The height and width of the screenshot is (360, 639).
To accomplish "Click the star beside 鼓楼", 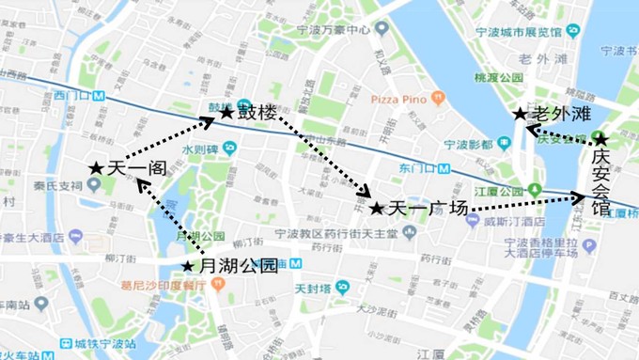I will (x=226, y=113).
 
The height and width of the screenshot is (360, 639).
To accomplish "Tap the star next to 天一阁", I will (x=96, y=167).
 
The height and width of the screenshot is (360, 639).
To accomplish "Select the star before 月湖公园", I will (x=189, y=266).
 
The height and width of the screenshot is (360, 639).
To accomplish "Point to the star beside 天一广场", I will (x=377, y=209).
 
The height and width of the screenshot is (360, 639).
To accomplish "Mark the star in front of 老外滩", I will (x=520, y=114).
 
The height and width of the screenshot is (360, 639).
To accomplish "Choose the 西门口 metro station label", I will (x=75, y=95).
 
